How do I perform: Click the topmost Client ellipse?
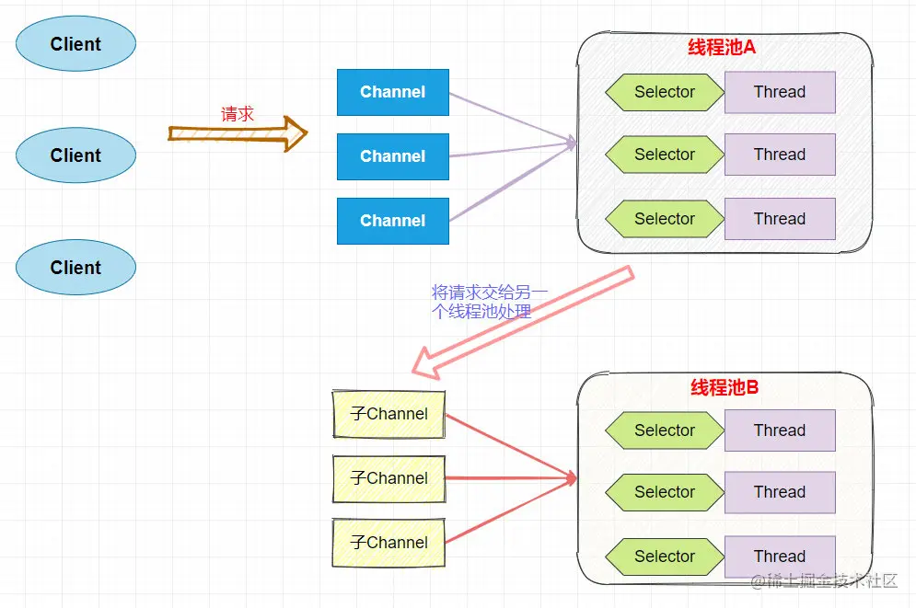click(x=75, y=44)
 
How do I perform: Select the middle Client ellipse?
click(x=75, y=155)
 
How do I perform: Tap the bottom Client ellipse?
click(x=75, y=268)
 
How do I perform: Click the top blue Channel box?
click(x=393, y=92)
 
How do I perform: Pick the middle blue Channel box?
click(x=393, y=156)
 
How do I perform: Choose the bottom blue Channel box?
click(x=393, y=221)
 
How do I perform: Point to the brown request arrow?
click(x=238, y=134)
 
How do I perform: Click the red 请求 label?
click(x=238, y=114)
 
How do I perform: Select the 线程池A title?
click(x=722, y=48)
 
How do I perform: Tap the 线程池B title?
click(x=725, y=387)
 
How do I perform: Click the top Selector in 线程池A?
click(x=665, y=92)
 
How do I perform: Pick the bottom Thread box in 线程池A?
click(x=780, y=219)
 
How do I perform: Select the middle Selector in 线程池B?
click(x=665, y=492)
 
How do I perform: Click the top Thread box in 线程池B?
click(x=780, y=430)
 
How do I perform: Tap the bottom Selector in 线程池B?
click(x=665, y=556)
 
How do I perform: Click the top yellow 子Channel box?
click(x=388, y=414)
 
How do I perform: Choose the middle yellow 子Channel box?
click(x=388, y=478)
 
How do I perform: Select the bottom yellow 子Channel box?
click(x=388, y=543)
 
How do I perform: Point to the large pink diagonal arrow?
click(x=523, y=322)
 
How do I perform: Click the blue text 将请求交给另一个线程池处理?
click(x=489, y=302)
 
